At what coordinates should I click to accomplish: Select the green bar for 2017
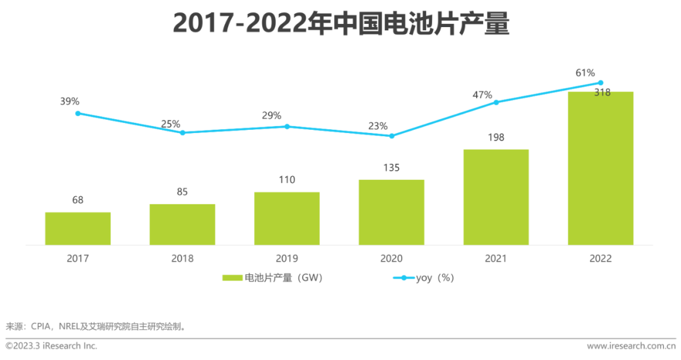point(78,228)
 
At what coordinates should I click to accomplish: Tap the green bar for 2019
point(287,218)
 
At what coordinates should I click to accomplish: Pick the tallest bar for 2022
point(600,168)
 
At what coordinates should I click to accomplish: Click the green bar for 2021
point(496,197)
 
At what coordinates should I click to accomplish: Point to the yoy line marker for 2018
point(183,132)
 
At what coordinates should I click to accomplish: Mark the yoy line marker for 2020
point(392,136)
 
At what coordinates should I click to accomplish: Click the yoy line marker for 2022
point(600,83)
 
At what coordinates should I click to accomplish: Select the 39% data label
point(70,102)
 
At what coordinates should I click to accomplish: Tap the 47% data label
point(482,95)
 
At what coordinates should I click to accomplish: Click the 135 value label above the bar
point(392,168)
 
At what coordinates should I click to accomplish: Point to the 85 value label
point(182,192)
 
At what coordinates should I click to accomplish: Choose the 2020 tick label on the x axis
point(392,258)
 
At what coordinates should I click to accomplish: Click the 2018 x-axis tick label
point(182,258)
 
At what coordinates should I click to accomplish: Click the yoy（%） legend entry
point(424,277)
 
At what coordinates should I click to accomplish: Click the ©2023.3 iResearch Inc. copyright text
point(52,346)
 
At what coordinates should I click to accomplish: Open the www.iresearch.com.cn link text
point(631,346)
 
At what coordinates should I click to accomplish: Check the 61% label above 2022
point(585,73)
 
